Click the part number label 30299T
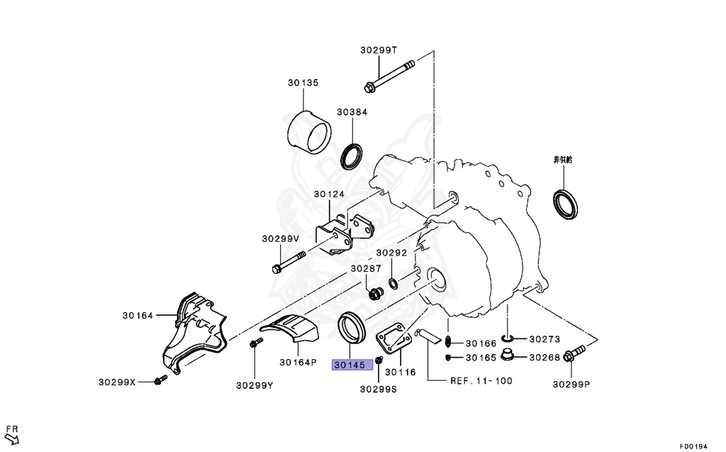click(x=379, y=50)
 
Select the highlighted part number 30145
click(x=348, y=365)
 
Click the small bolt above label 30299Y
click(x=255, y=344)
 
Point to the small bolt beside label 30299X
click(x=159, y=382)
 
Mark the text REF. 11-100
click(x=481, y=380)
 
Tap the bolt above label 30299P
click(x=574, y=351)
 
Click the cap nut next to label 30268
click(x=507, y=355)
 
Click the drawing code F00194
click(x=693, y=446)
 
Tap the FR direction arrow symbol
click(x=12, y=437)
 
